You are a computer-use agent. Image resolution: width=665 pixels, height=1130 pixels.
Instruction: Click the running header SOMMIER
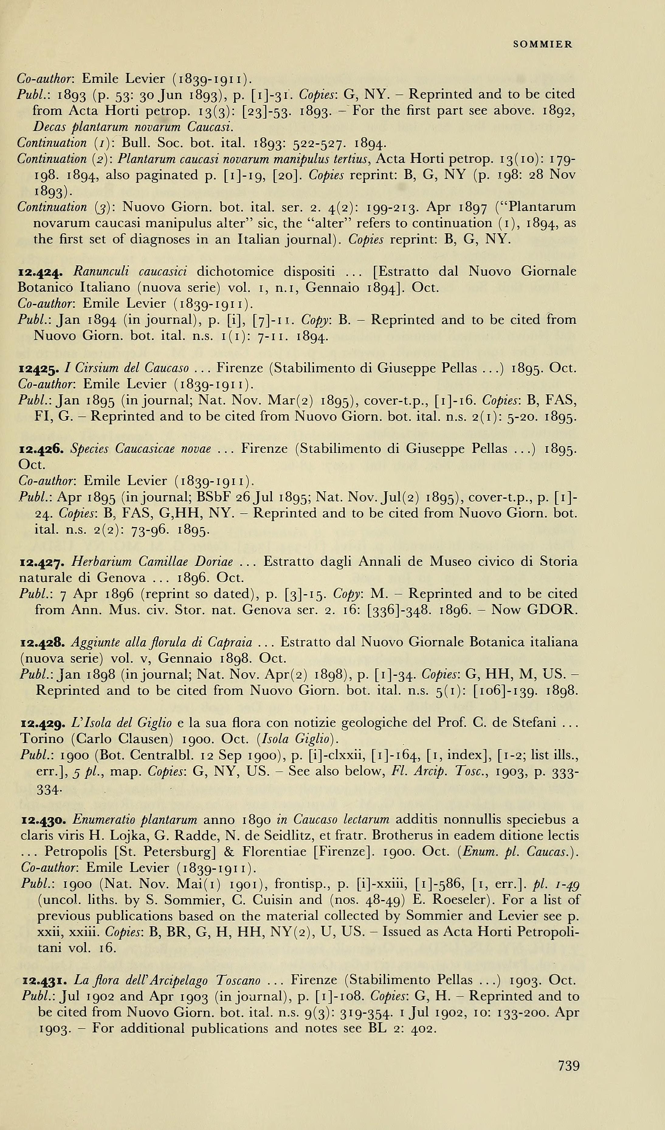click(x=543, y=44)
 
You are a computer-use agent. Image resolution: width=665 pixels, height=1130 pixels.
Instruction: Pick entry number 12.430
click(x=44, y=820)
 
